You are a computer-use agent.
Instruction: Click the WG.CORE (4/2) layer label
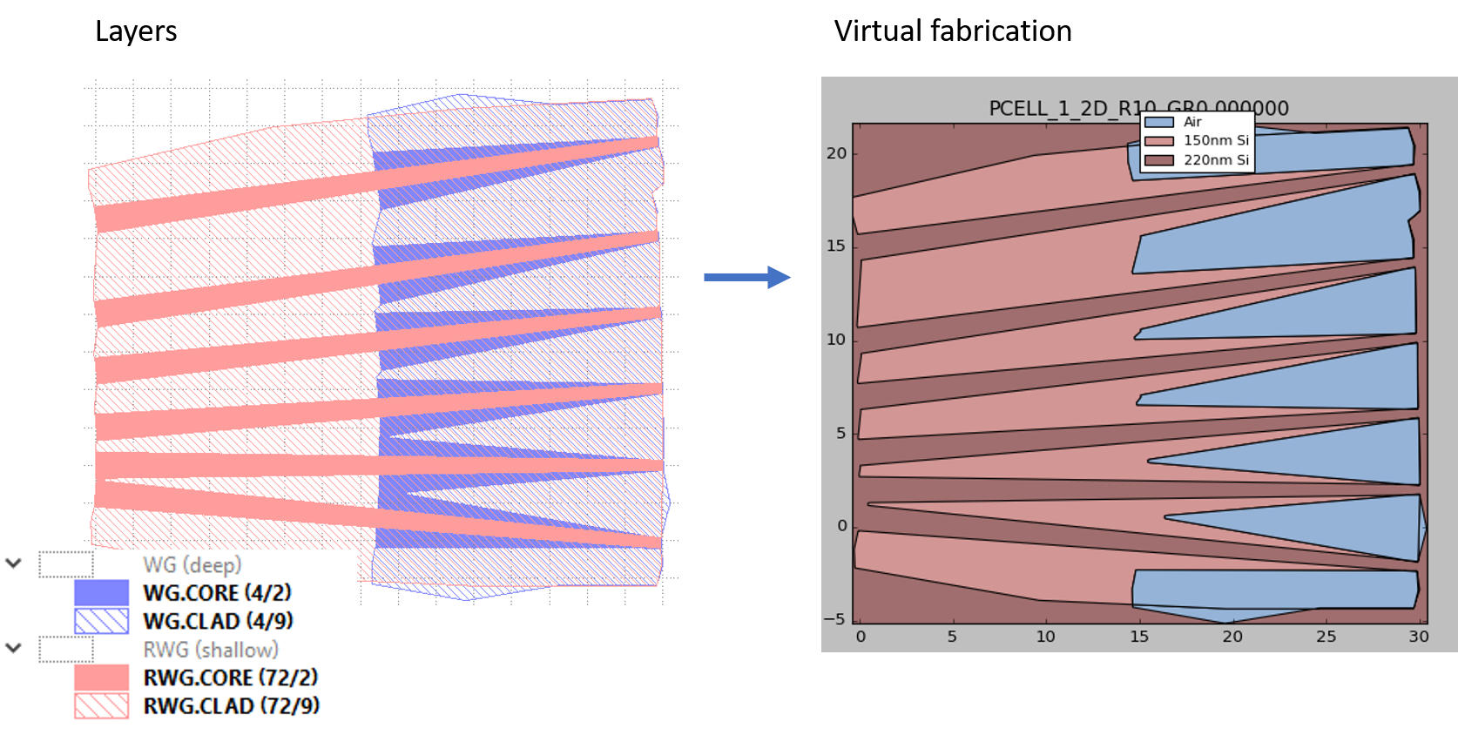tap(217, 593)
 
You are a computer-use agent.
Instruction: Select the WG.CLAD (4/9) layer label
tap(218, 622)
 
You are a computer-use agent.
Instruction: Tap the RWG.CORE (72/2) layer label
tap(231, 678)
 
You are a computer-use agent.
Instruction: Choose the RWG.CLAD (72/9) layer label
tap(232, 706)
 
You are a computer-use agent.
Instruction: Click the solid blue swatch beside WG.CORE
tap(101, 593)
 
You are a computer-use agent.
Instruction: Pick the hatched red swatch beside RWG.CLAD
tap(101, 706)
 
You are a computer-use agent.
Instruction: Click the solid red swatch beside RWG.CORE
tap(101, 678)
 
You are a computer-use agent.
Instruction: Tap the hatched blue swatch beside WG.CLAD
tap(101, 622)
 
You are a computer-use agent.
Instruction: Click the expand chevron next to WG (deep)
tap(14, 563)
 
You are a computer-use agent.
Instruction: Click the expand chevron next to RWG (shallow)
tap(14, 648)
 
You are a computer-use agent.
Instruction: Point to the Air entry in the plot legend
tap(1192, 122)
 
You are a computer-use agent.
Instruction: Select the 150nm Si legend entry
tap(1215, 140)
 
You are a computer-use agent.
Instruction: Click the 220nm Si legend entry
tap(1215, 160)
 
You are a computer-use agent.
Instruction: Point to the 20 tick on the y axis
tap(836, 153)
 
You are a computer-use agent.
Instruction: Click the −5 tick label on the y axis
tap(834, 619)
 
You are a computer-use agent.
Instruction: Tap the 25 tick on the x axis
tap(1326, 637)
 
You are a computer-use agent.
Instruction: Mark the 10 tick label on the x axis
tap(1045, 637)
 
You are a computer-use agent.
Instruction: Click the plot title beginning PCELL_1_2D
tap(1137, 109)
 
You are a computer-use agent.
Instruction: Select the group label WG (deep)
tap(192, 565)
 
